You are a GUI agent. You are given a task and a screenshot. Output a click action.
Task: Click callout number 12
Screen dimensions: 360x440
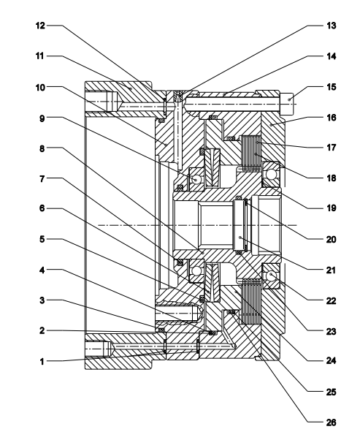(40, 26)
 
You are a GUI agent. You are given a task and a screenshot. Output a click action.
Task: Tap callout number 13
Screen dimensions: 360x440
(331, 26)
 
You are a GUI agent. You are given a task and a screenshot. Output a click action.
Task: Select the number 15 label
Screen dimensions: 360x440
(331, 87)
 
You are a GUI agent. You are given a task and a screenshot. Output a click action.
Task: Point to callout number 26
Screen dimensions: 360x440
(331, 422)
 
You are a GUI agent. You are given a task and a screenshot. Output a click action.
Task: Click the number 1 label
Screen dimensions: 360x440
(42, 361)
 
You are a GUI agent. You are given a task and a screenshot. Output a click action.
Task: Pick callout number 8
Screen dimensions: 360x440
(42, 148)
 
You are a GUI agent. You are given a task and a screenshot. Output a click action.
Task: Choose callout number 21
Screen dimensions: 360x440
(331, 270)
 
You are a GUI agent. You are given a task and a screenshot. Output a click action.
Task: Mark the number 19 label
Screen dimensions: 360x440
(331, 208)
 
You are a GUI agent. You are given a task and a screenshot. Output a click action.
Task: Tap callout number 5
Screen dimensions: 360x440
(42, 239)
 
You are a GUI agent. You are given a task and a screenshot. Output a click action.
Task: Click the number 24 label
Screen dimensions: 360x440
(331, 360)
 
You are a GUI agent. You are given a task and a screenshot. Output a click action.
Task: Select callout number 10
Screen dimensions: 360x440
(40, 88)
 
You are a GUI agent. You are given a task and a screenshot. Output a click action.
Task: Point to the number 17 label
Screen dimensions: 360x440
(331, 148)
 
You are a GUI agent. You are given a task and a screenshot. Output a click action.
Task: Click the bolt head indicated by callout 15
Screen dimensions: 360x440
(286, 104)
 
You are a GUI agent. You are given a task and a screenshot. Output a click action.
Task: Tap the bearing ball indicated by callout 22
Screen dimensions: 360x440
(271, 276)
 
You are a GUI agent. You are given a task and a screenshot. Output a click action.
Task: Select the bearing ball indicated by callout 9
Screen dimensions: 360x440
(196, 179)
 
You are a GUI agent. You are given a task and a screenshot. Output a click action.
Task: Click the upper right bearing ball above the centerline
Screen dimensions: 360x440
(271, 175)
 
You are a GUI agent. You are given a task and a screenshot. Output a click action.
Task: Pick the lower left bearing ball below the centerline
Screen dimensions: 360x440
(196, 271)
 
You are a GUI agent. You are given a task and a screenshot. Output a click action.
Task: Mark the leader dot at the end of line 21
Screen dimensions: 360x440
(240, 237)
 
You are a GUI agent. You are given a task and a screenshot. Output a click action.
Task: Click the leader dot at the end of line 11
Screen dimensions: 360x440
(131, 88)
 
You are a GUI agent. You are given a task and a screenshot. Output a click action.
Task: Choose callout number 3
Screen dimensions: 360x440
(42, 300)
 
